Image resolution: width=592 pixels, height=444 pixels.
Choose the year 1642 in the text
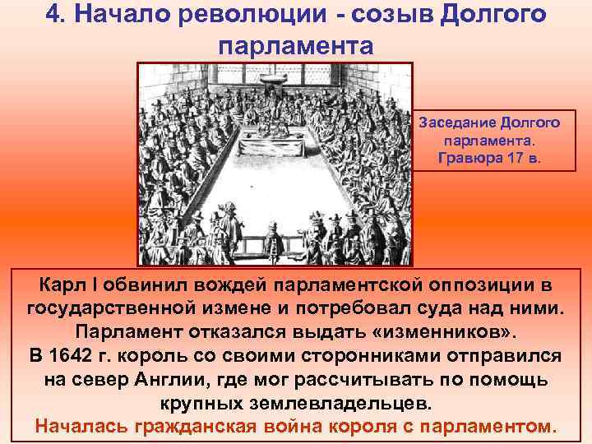point(81,357)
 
